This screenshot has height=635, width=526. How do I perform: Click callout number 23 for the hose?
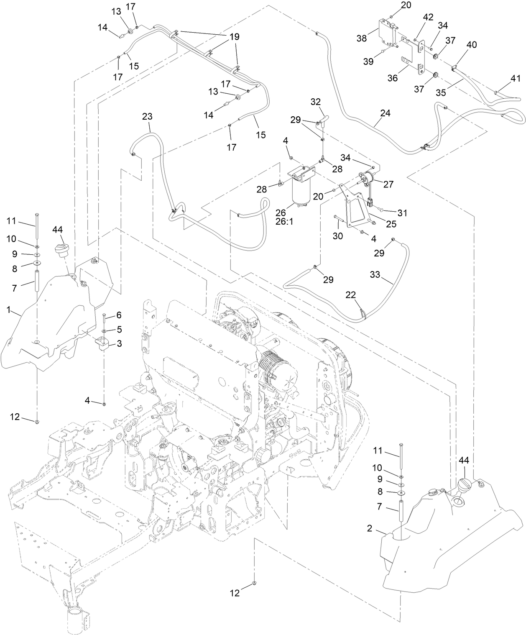(147, 117)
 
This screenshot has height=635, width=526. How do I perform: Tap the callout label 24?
(385, 113)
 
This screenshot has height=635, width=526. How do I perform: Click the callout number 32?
(316, 102)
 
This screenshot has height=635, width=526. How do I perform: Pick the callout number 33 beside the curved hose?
(375, 274)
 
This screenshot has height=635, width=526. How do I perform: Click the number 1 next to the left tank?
(8, 310)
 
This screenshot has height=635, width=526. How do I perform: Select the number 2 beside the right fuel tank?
(370, 528)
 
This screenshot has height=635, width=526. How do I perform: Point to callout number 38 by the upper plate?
(362, 38)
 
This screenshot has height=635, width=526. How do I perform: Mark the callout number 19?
(234, 37)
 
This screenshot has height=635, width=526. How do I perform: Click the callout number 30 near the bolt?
(337, 236)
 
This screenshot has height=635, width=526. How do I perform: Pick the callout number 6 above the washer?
(119, 315)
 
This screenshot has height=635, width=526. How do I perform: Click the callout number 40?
(471, 44)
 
